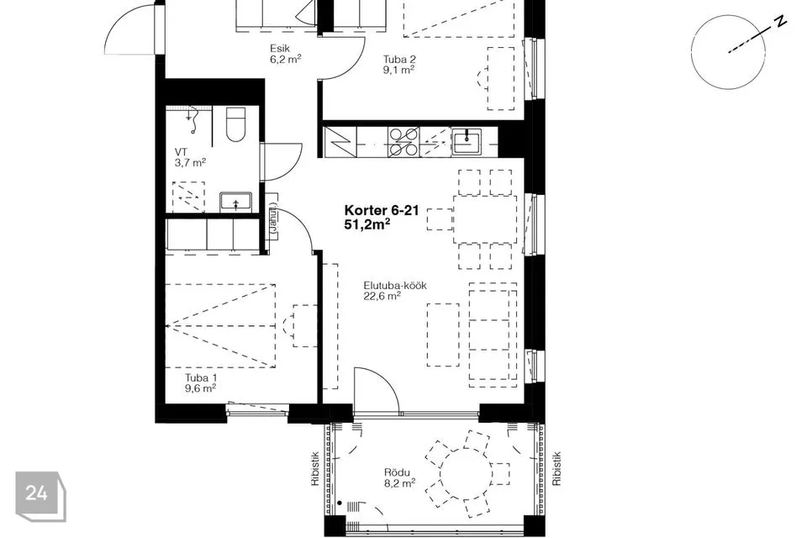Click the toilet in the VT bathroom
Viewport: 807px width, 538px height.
click(236, 124)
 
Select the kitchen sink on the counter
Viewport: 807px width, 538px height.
click(467, 141)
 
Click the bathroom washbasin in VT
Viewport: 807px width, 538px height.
click(235, 201)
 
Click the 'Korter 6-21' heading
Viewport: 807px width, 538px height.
click(382, 210)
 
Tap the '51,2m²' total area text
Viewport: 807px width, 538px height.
click(367, 224)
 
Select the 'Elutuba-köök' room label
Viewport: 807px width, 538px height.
click(395, 286)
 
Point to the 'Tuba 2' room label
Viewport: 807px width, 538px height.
click(398, 59)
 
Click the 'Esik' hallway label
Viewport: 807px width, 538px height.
click(280, 49)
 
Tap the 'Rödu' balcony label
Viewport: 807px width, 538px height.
click(397, 472)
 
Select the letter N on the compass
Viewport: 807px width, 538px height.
click(781, 21)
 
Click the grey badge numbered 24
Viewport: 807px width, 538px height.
click(40, 496)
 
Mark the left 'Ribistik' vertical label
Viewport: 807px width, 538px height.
click(315, 469)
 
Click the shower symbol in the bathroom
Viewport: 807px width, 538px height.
click(193, 119)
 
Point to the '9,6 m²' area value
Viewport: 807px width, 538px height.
click(200, 388)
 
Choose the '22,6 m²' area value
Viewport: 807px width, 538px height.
click(382, 296)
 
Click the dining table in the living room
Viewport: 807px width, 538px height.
click(485, 219)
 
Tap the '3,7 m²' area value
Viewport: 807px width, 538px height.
click(191, 163)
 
